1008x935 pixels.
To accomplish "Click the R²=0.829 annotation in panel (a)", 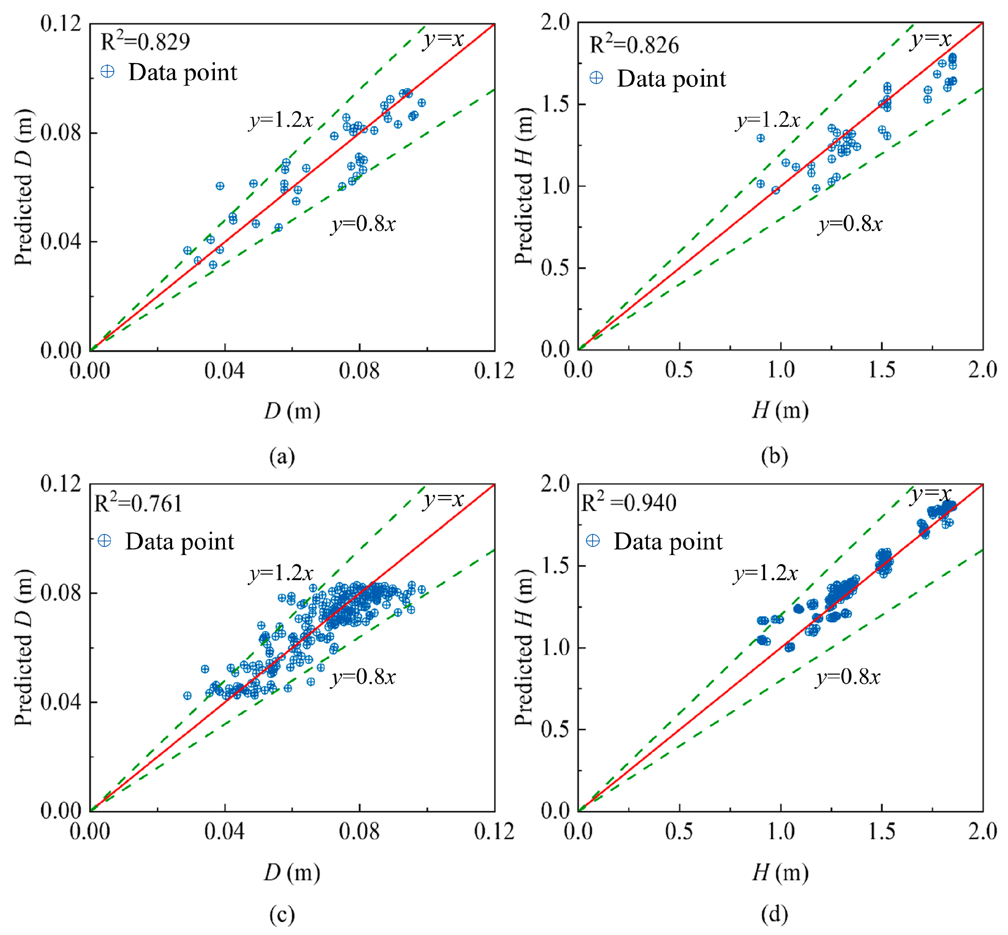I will tap(145, 42).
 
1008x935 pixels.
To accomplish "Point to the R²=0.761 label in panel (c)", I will tap(138, 503).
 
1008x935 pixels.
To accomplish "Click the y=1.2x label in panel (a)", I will tap(280, 120).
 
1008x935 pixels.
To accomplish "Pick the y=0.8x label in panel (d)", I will tap(848, 676).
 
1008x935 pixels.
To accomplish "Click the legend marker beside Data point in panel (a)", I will tap(107, 72).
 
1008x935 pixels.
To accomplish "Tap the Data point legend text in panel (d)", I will tap(668, 541).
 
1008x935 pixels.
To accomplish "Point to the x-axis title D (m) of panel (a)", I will tap(292, 411).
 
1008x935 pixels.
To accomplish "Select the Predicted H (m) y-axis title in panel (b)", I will tap(524, 186).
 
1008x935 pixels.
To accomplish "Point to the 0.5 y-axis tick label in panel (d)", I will tap(554, 729).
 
